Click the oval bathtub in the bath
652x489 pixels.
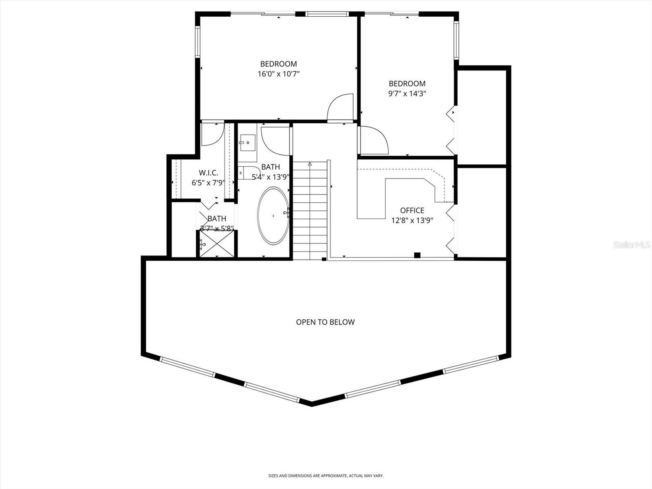(x=273, y=216)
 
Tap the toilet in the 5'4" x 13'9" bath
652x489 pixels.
(x=249, y=173)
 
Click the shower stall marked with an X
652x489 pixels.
(x=216, y=244)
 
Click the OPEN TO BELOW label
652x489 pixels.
(x=325, y=322)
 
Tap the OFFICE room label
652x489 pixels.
(x=412, y=210)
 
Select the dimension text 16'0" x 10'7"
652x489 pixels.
(x=279, y=74)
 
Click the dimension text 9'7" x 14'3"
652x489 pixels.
(x=407, y=93)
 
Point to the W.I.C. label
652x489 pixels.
(x=208, y=173)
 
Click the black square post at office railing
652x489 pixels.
(x=417, y=256)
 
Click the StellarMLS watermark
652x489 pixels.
(x=632, y=245)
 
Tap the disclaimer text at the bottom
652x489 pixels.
(x=326, y=476)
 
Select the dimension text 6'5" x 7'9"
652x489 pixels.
(x=208, y=183)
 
